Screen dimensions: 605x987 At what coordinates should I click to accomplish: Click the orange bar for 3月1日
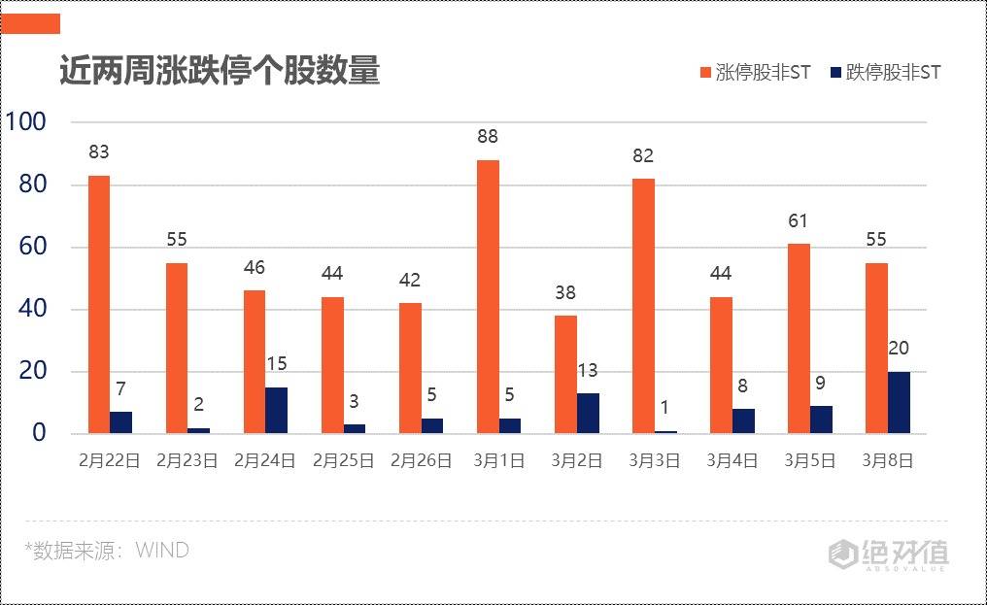click(488, 296)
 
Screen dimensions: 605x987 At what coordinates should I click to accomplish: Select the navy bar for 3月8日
click(899, 402)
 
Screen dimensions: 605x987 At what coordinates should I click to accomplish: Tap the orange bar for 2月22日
click(99, 304)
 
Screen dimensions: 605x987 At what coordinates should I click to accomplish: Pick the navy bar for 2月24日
click(276, 410)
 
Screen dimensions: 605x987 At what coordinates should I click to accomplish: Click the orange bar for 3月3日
click(643, 306)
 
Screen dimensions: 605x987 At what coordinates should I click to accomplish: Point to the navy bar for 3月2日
click(588, 413)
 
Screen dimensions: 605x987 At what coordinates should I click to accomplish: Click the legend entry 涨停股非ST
click(755, 73)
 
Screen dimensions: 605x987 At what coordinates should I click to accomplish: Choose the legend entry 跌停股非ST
click(885, 73)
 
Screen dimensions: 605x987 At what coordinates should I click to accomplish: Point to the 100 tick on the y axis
click(26, 122)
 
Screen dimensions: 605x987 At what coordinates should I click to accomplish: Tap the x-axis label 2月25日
click(343, 461)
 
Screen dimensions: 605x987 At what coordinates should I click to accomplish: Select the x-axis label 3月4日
click(732, 461)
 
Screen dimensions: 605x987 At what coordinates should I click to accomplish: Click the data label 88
click(488, 137)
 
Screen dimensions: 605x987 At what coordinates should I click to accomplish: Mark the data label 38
click(565, 293)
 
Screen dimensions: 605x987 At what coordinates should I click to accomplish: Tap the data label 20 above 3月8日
click(899, 349)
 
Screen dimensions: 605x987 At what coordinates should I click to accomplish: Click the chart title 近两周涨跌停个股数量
click(220, 71)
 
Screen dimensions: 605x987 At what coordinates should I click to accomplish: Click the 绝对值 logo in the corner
click(888, 555)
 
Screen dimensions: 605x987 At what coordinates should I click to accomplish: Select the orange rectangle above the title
click(30, 23)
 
